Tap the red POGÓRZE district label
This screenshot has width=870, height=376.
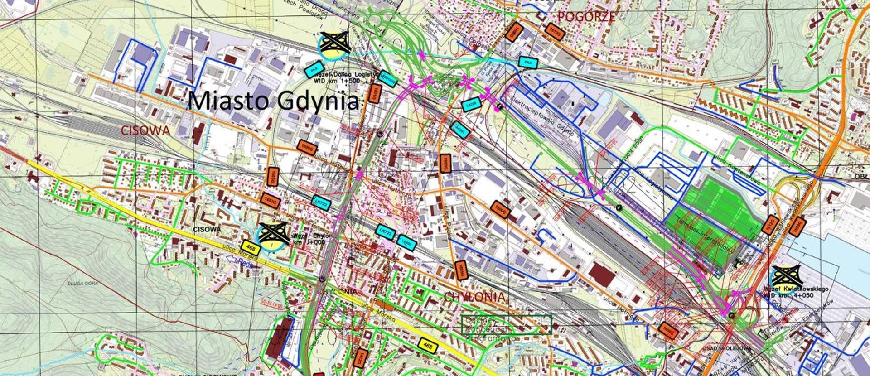586,17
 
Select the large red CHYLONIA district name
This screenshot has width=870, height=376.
474,297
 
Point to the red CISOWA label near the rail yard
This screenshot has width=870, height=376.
145,131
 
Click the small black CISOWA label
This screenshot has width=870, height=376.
207,230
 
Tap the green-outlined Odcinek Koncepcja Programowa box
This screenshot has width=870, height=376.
506,324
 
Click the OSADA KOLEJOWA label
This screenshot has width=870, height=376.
726,348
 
